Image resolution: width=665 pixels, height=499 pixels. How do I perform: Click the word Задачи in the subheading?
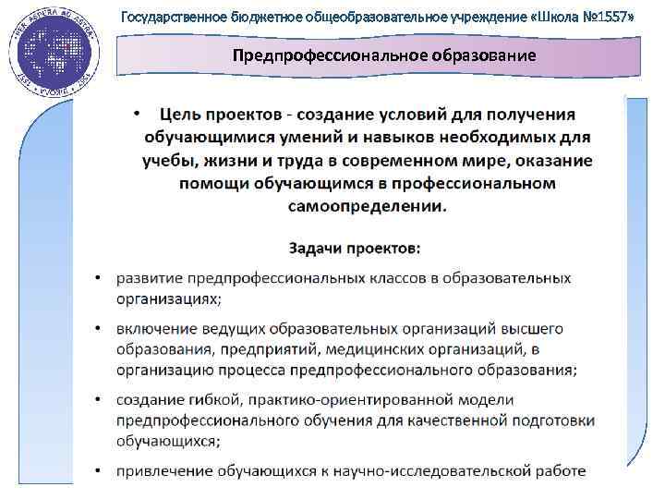pyautogui.click(x=316, y=249)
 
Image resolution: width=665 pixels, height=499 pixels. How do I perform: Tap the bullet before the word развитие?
pyautogui.click(x=99, y=279)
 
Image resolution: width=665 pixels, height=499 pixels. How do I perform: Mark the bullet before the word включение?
pyautogui.click(x=99, y=329)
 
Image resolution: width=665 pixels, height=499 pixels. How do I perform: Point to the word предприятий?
pyautogui.click(x=293, y=349)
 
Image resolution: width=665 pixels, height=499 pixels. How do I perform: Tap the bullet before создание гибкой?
pyautogui.click(x=99, y=400)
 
